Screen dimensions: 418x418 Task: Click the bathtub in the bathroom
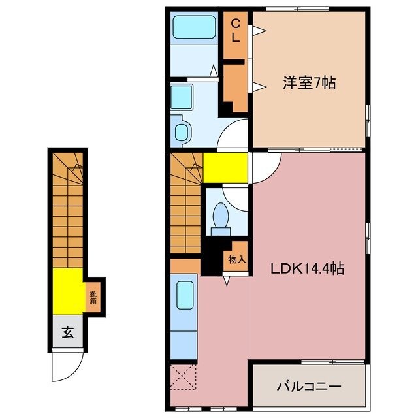pyautogui.click(x=194, y=28)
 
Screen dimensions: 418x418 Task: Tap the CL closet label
pyautogui.click(x=236, y=31)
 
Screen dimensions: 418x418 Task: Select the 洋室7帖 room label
pyautogui.click(x=309, y=84)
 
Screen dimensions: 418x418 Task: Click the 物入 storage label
pyautogui.click(x=236, y=259)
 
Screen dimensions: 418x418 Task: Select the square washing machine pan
pyautogui.click(x=182, y=96)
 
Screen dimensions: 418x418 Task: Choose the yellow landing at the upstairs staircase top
pyautogui.click(x=225, y=168)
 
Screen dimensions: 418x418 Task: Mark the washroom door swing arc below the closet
pyautogui.click(x=233, y=136)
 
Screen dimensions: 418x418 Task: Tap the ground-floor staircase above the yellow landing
pyautogui.click(x=67, y=209)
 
